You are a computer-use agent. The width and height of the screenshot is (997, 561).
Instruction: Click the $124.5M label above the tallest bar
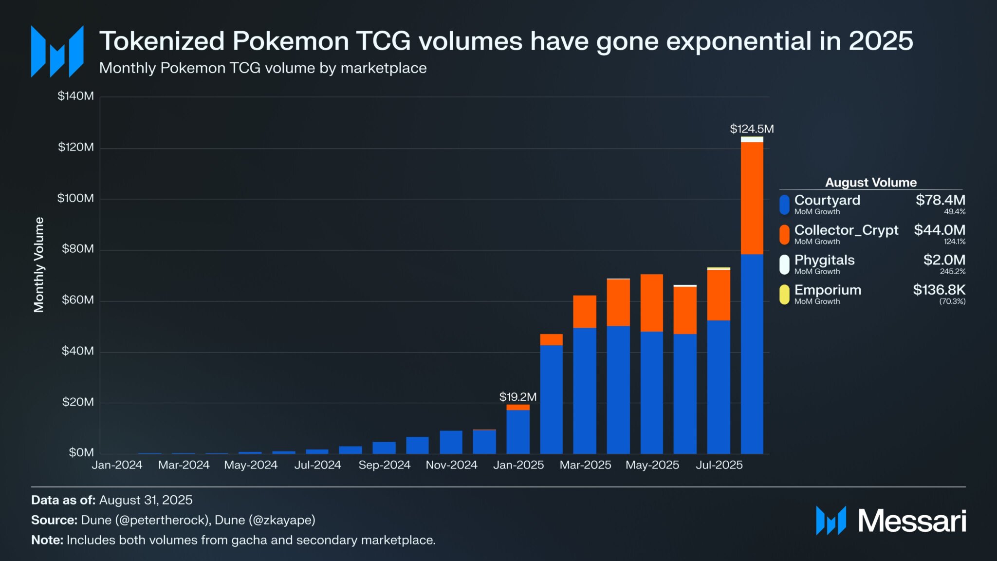click(752, 129)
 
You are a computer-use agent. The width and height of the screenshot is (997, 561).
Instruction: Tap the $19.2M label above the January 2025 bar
click(517, 397)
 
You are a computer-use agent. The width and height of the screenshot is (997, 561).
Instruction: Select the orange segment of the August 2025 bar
click(752, 198)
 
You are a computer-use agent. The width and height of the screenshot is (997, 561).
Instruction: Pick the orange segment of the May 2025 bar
click(651, 303)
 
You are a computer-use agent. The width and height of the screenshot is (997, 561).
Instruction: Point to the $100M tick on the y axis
click(75, 198)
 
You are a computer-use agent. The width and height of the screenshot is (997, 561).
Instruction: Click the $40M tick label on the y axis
click(77, 351)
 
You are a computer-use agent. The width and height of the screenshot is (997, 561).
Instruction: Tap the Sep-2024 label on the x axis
click(384, 465)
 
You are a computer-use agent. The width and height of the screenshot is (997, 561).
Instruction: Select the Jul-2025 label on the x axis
click(719, 465)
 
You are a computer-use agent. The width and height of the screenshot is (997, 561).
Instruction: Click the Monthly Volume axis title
click(39, 264)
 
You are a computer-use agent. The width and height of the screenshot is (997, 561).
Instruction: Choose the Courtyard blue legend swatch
click(784, 205)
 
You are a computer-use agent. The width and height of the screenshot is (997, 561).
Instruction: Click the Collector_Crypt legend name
click(846, 230)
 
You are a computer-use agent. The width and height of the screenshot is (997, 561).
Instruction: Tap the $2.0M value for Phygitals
click(944, 260)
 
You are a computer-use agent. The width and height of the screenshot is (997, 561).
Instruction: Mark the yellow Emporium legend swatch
click(784, 295)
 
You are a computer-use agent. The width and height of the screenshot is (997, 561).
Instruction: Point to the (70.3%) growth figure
click(952, 301)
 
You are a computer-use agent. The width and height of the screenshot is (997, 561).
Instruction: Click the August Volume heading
click(870, 183)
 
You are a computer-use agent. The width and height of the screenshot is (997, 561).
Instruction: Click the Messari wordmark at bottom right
click(911, 521)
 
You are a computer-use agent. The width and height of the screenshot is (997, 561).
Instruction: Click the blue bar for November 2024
click(451, 442)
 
